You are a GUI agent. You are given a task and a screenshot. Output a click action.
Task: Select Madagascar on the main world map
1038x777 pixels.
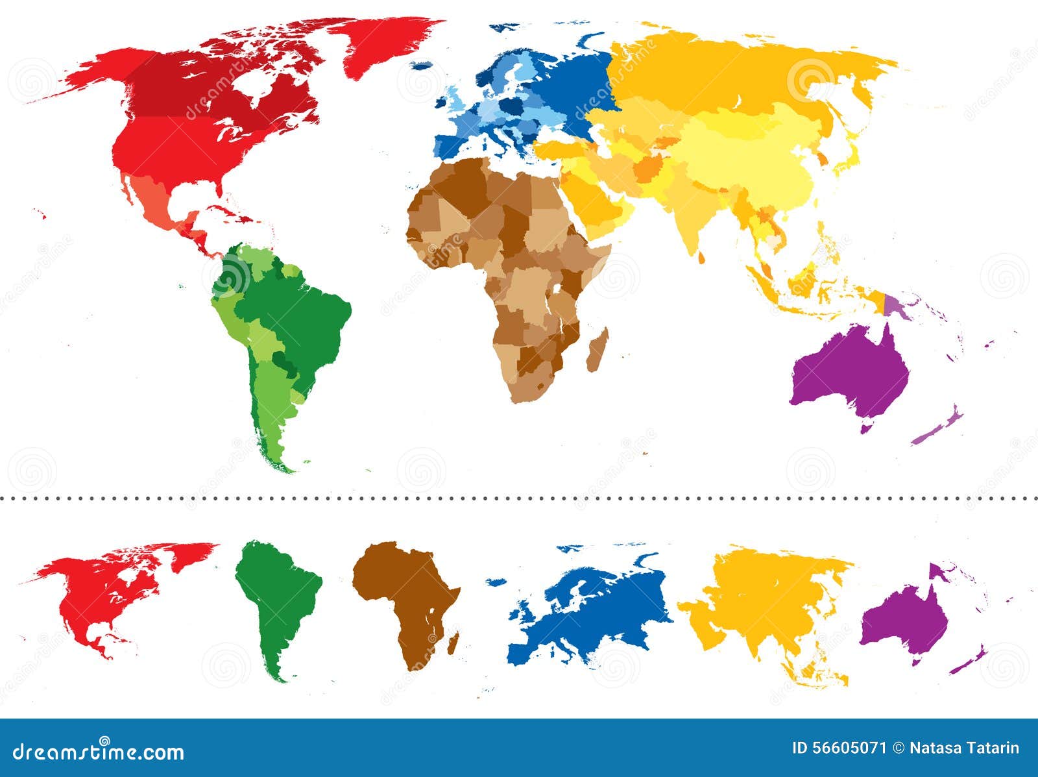597,351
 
